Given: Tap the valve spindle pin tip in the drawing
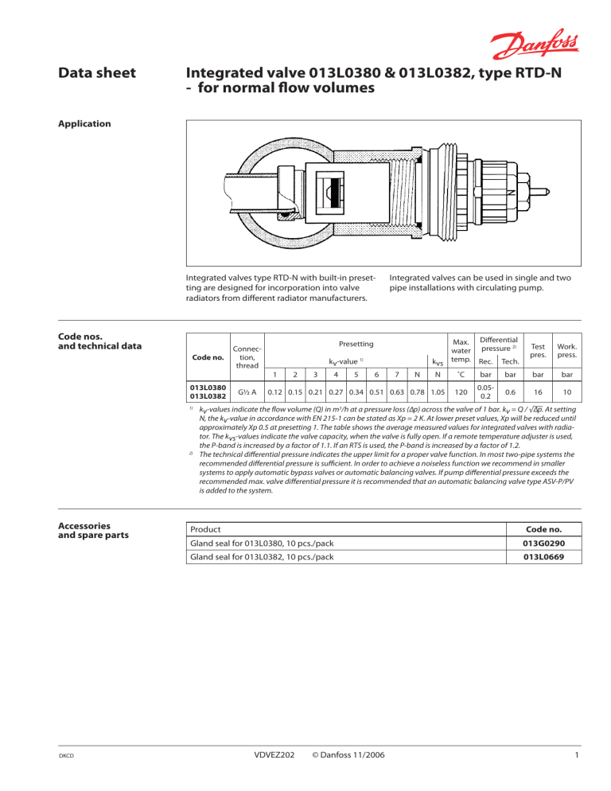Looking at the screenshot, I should click(x=544, y=191).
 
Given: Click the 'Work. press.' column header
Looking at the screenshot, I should click(x=570, y=349).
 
